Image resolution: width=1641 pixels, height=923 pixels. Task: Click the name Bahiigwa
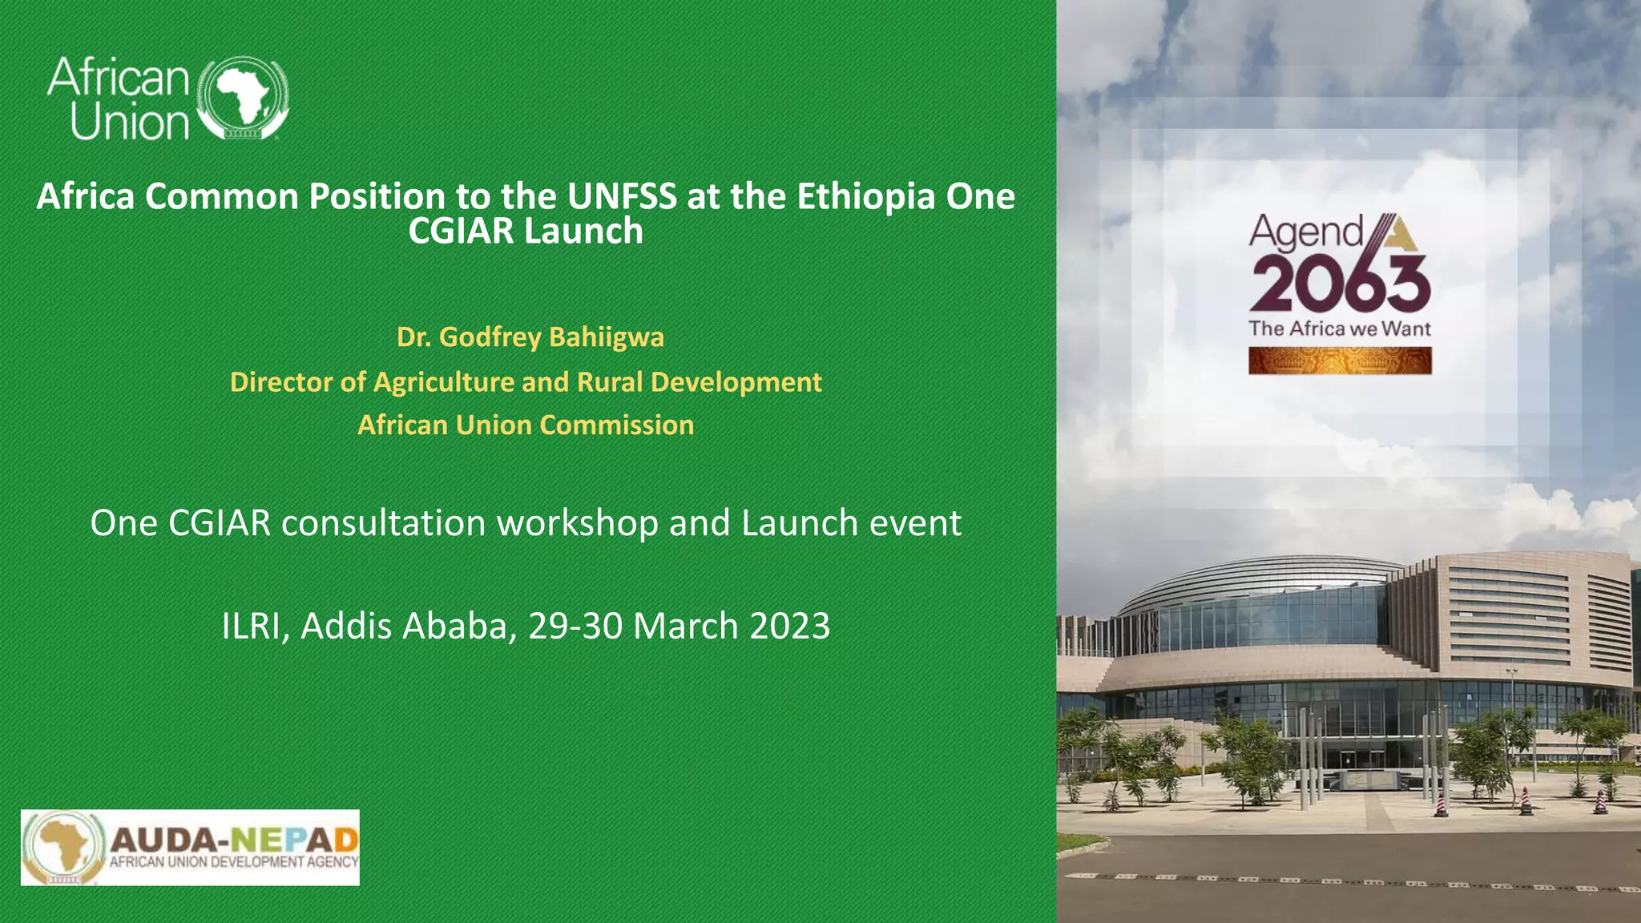(x=607, y=337)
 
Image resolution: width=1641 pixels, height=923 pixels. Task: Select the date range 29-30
(x=575, y=626)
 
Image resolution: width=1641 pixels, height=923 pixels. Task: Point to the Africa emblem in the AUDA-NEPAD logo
(x=62, y=847)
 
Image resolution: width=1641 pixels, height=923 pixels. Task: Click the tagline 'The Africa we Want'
(x=1340, y=328)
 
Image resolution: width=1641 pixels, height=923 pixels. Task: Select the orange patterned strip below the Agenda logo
(x=1340, y=361)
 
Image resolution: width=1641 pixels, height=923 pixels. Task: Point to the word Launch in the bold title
(x=583, y=232)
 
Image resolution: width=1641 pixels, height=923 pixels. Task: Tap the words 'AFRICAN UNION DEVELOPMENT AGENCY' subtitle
(x=233, y=862)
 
